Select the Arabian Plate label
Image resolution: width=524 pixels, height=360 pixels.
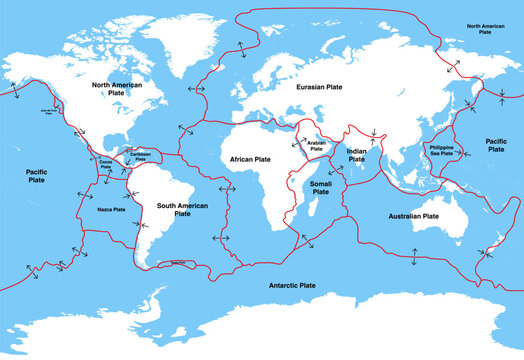[x=314, y=147]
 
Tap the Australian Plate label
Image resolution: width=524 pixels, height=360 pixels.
[x=417, y=215]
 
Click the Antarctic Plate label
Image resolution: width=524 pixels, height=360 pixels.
[x=293, y=285]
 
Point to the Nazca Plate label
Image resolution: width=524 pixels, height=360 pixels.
[x=111, y=210]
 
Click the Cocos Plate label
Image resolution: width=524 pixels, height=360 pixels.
[x=107, y=161]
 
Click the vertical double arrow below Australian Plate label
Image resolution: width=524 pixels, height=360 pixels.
[x=414, y=255]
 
